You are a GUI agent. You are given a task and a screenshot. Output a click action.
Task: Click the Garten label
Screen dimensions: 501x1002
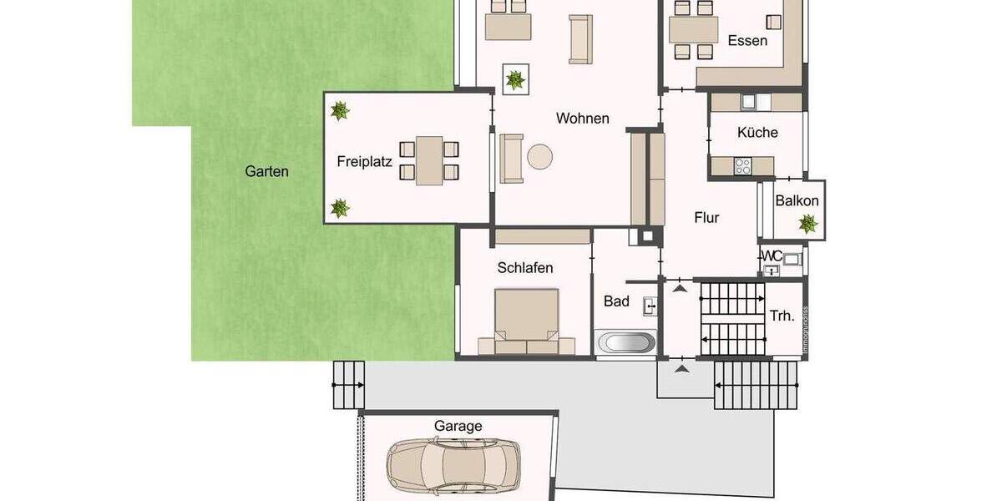coord(266,172)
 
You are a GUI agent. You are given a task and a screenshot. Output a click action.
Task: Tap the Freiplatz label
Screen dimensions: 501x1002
coord(364,161)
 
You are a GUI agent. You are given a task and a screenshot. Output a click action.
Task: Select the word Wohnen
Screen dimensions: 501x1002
coord(582,119)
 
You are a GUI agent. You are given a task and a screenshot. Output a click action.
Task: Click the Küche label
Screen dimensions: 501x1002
coord(757,133)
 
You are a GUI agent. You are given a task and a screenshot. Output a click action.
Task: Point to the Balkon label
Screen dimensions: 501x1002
coord(797,201)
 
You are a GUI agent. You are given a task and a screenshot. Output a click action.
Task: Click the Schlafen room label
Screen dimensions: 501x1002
coord(525,268)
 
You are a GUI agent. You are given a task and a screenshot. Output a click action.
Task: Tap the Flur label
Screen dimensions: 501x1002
coord(706,218)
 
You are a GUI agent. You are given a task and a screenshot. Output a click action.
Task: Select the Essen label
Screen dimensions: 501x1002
coord(746,40)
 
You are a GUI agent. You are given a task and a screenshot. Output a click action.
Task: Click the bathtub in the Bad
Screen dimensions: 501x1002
coord(626,342)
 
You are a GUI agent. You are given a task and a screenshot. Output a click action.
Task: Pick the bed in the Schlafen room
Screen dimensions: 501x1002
coord(526,321)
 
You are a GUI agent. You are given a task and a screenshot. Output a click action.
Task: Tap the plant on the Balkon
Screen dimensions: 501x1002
coord(807,223)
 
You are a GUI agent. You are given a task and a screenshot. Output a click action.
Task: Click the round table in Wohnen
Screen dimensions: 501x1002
coord(539,157)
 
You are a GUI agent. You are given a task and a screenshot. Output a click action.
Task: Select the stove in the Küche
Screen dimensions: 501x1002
coord(742,166)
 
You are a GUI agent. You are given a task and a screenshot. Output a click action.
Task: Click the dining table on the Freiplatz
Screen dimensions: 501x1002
coord(429,160)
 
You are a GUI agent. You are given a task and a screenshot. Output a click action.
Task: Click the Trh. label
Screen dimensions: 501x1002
coord(782,316)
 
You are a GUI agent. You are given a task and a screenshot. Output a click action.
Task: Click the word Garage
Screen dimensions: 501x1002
coord(458,426)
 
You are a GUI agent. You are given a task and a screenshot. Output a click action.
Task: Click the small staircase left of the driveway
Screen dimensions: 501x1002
coord(349,384)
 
